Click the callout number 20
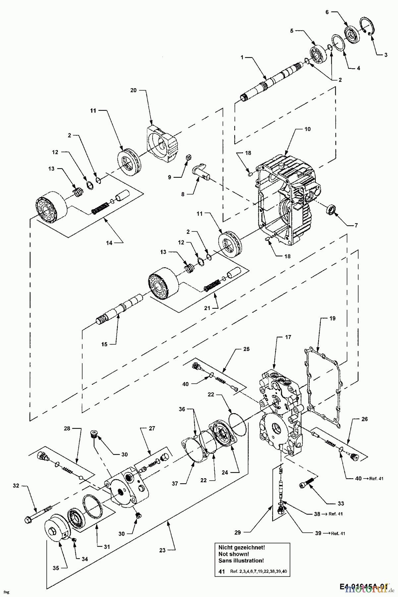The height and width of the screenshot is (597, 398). (142, 90)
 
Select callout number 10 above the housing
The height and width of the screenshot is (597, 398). (308, 129)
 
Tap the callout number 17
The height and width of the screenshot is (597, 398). (288, 337)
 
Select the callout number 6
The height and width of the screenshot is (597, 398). (327, 12)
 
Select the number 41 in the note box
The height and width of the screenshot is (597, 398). (222, 572)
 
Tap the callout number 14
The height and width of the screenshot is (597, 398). (109, 243)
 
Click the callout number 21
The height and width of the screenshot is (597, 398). (207, 308)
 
